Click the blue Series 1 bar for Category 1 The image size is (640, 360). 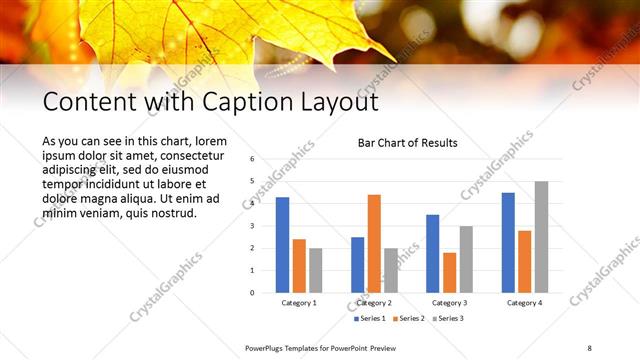(x=282, y=245)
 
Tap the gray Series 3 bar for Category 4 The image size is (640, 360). (x=541, y=237)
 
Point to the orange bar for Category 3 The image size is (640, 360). (x=449, y=272)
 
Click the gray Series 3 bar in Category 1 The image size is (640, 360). (x=316, y=270)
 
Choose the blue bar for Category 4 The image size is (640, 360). (x=508, y=242)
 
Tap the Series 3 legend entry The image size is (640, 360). (x=449, y=318)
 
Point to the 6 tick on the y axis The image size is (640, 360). (x=253, y=159)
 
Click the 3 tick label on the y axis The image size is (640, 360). (x=253, y=226)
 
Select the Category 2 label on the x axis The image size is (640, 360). (x=374, y=302)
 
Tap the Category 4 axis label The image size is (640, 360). (x=524, y=302)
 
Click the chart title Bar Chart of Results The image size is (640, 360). (x=408, y=143)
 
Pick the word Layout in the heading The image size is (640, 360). (x=336, y=102)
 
